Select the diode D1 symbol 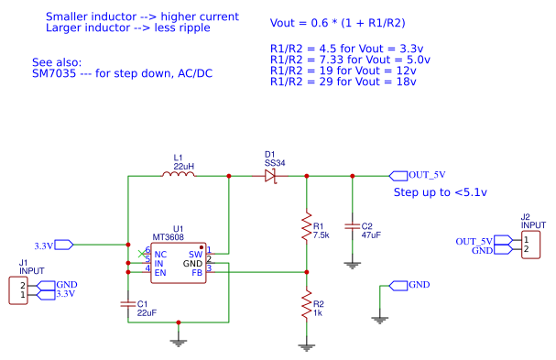pyautogui.click(x=270, y=174)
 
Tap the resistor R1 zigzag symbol pyautogui.click(x=306, y=229)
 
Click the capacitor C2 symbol pyautogui.click(x=352, y=224)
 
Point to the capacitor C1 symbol pyautogui.click(x=127, y=302)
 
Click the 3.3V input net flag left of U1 pyautogui.click(x=54, y=245)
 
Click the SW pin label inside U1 pyautogui.click(x=194, y=254)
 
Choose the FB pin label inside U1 pyautogui.click(x=196, y=272)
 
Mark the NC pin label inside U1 pyautogui.click(x=160, y=254)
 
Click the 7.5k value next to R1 pyautogui.click(x=322, y=235)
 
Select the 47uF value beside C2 pyautogui.click(x=371, y=235)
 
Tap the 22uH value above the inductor pyautogui.click(x=183, y=166)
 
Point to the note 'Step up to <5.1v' pyautogui.click(x=440, y=192)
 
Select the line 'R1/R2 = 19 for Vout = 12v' pyautogui.click(x=343, y=70)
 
